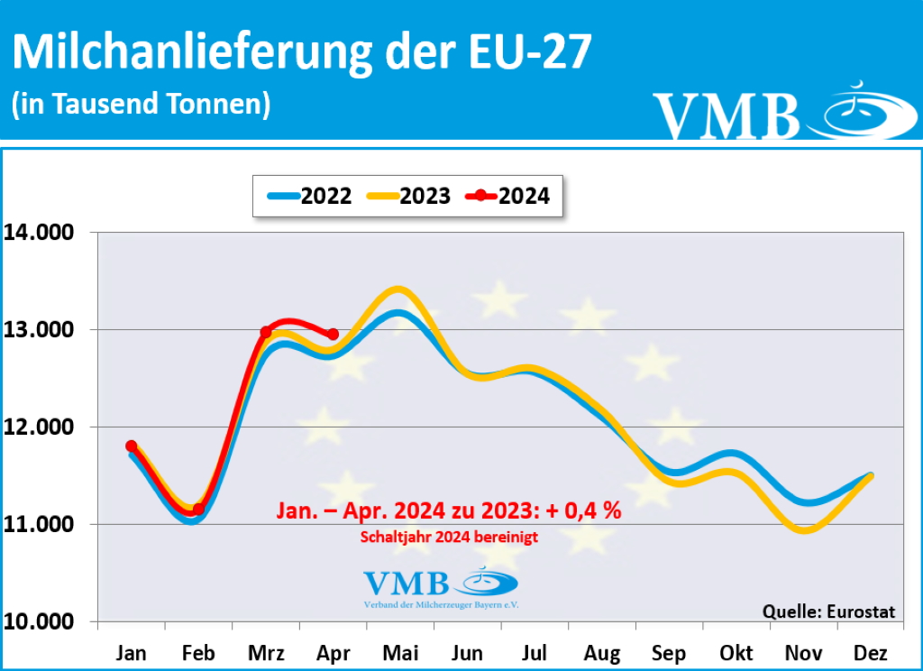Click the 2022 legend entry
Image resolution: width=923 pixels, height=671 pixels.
pos(311,195)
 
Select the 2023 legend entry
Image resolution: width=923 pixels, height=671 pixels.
pos(411,195)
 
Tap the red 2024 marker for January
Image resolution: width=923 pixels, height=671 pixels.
pos(132,446)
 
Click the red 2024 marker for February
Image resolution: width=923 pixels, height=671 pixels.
pos(198,510)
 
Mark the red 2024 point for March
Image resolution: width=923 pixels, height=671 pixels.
pos(266,332)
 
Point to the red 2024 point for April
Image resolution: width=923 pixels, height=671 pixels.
pos(334,334)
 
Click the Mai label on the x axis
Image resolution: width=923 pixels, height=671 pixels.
pos(400,653)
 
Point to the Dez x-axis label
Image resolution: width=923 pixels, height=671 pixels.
pos(871,653)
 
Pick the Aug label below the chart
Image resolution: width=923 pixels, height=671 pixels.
pos(602,653)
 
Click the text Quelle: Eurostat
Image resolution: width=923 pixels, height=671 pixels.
pos(829,611)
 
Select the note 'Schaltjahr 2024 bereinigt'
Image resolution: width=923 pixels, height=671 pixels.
pos(448,538)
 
